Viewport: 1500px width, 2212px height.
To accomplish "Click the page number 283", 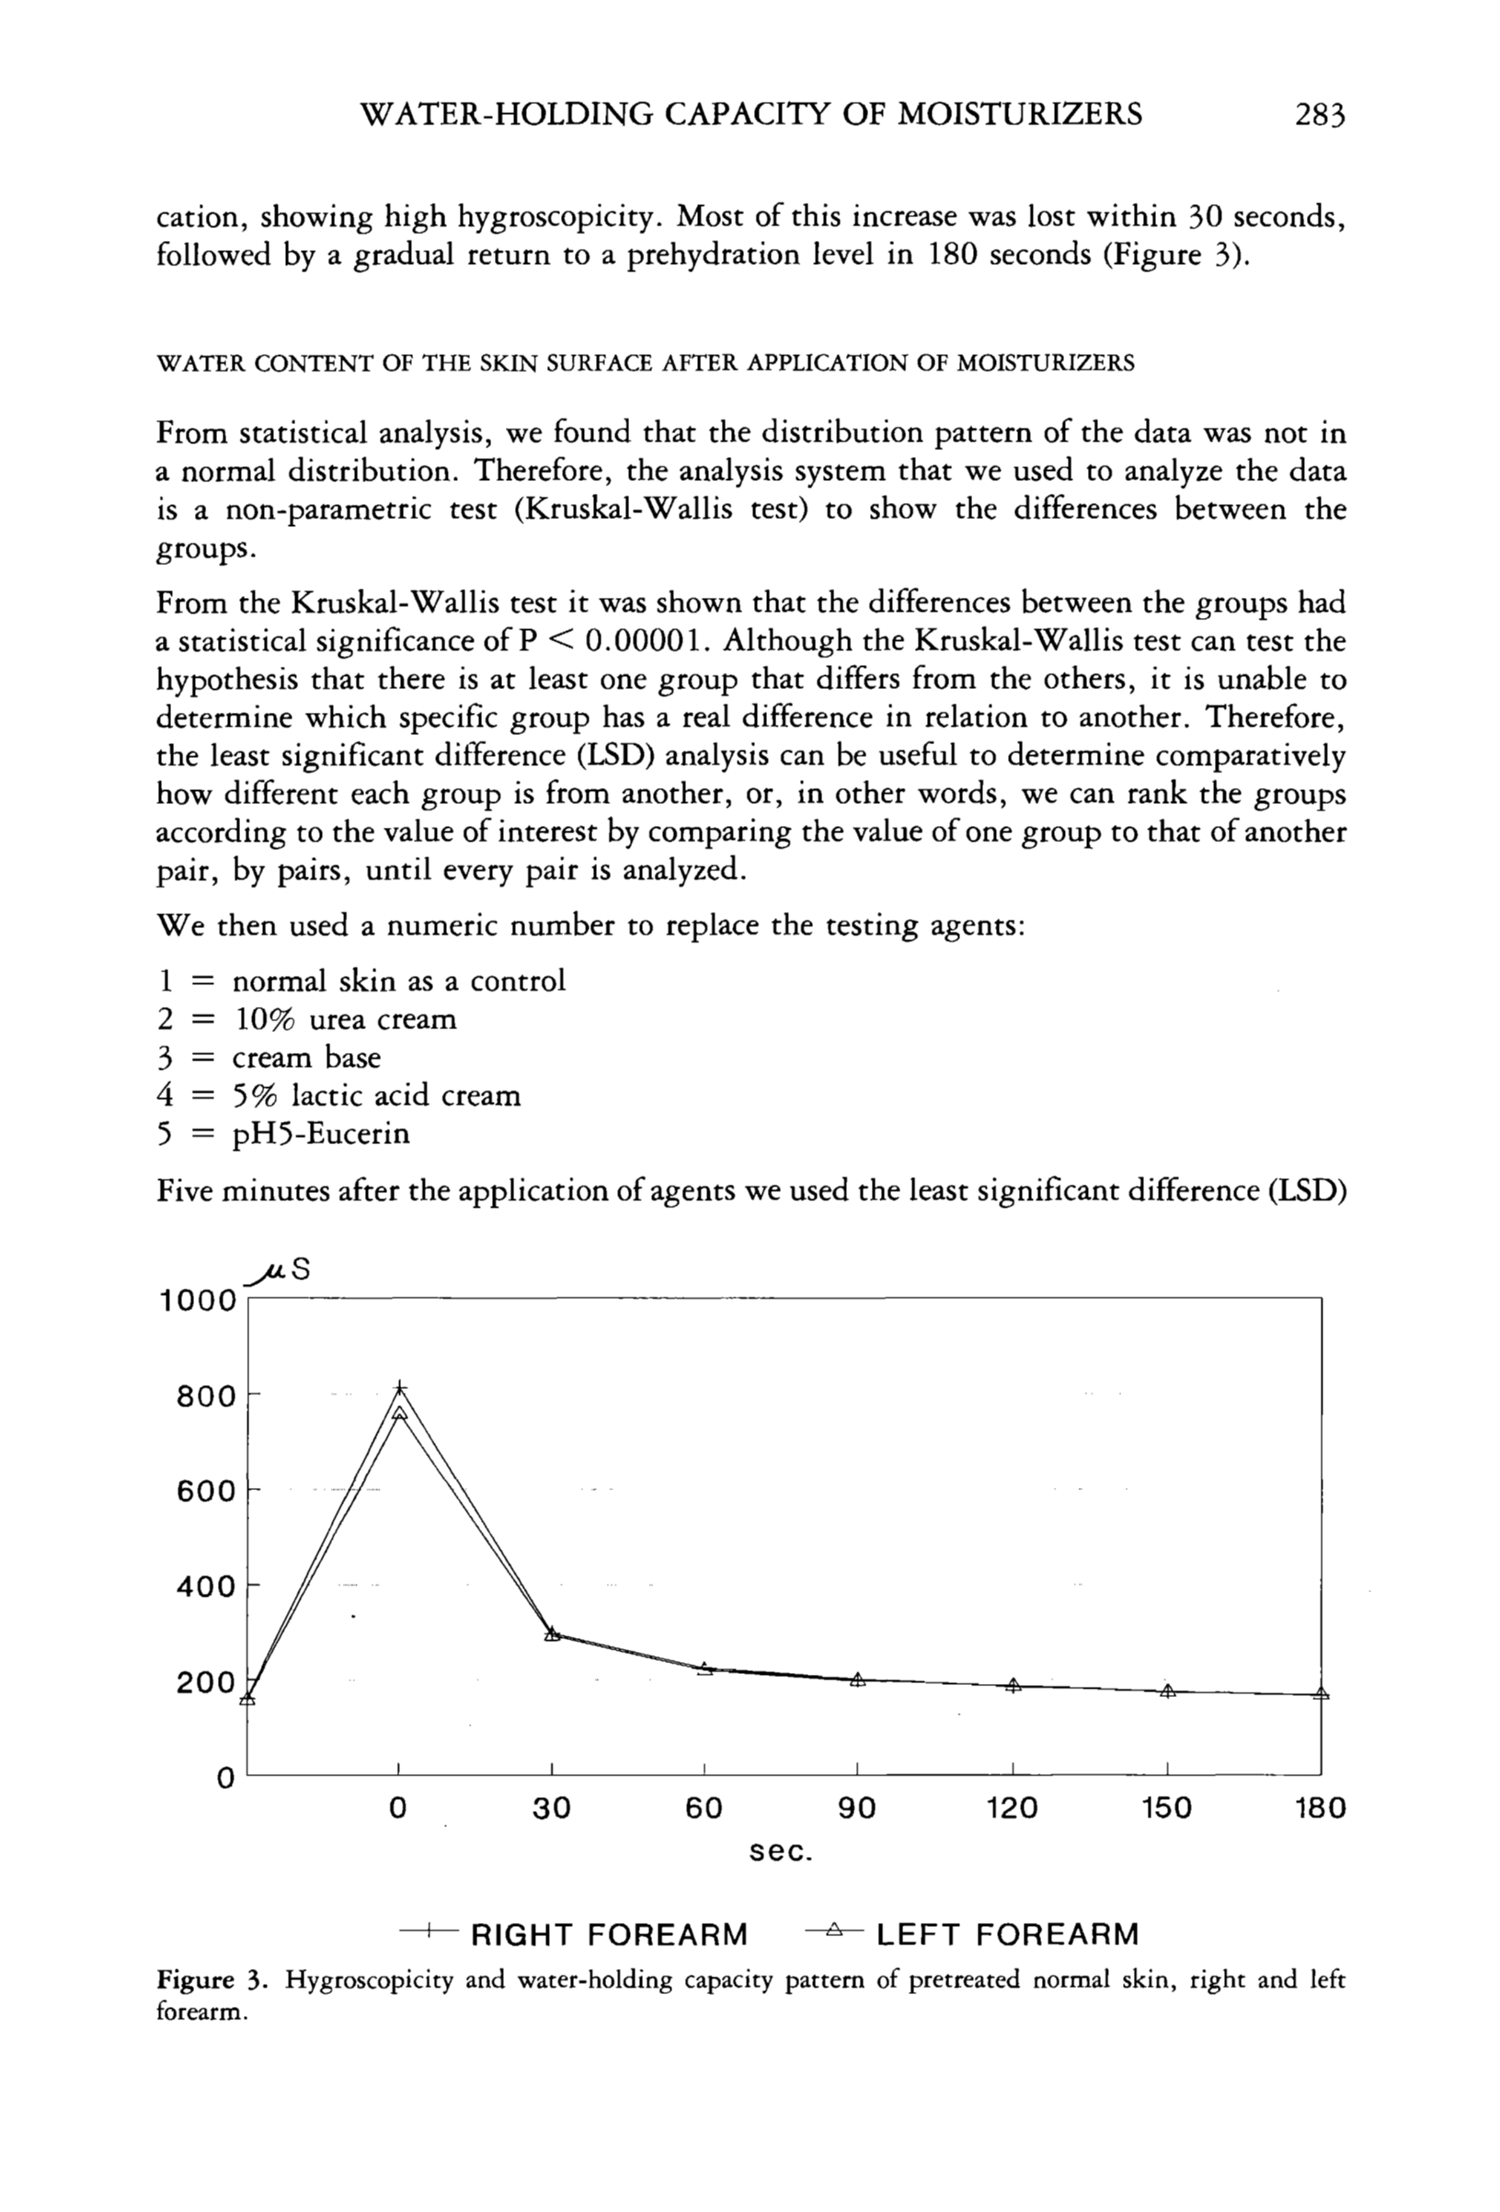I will [1320, 114].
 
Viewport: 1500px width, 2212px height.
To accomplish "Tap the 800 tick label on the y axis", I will [207, 1397].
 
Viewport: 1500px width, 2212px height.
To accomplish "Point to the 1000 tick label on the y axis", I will [197, 1301].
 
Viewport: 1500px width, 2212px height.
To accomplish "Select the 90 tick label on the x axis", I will [856, 1808].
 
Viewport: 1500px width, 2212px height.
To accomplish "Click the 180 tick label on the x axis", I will [1320, 1808].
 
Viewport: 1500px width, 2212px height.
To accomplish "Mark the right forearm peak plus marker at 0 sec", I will [400, 1388].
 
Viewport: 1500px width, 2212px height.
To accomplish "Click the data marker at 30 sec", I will [552, 1634].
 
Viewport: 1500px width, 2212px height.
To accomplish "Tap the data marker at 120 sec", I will [1013, 1686].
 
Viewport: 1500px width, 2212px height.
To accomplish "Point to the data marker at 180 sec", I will [1321, 1694].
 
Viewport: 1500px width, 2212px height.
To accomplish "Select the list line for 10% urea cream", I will [306, 1019].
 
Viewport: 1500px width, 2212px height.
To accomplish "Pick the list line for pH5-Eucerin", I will [282, 1134].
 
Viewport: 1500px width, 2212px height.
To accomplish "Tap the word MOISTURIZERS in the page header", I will [1020, 114].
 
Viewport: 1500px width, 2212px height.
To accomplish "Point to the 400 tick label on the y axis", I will [207, 1587].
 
